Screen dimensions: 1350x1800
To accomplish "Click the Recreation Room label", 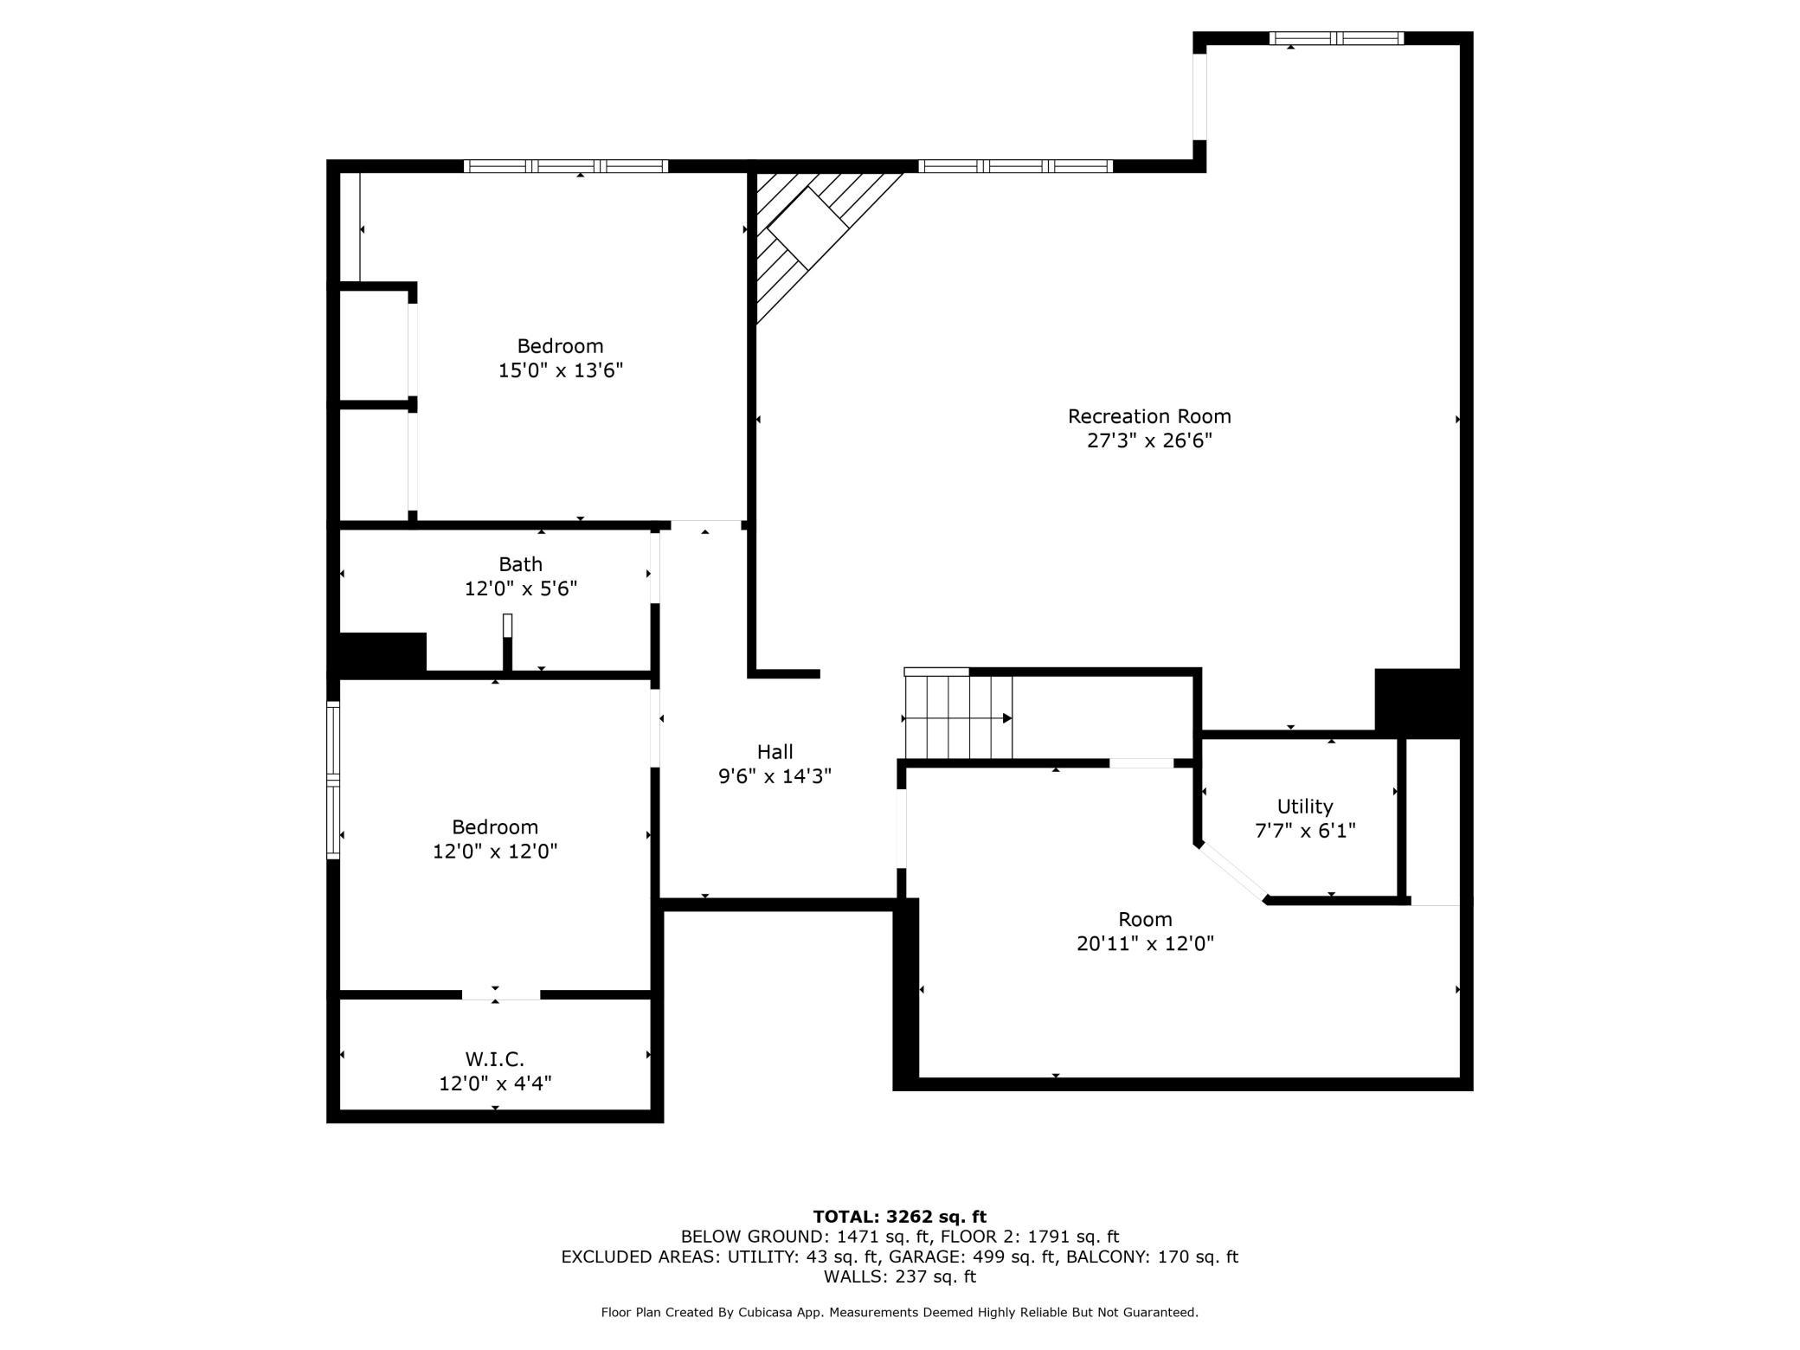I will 1148,416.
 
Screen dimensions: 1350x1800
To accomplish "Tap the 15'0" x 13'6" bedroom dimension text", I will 561,370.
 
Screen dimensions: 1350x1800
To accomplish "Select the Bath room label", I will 520,564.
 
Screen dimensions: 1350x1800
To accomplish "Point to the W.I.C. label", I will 494,1058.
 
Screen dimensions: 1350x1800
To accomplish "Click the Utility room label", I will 1304,807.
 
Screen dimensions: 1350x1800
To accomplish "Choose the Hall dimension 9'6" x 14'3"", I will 775,776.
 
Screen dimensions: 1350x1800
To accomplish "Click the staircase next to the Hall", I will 958,717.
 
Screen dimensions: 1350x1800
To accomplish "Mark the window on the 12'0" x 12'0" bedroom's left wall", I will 333,780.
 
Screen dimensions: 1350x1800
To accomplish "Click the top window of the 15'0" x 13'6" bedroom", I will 566,166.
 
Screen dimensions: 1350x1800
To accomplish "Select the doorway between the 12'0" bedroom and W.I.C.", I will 500,994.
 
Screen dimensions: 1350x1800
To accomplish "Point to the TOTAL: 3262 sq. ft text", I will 899,1217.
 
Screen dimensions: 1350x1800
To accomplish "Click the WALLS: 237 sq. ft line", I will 899,1276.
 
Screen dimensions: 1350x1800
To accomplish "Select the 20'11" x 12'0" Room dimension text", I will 1145,943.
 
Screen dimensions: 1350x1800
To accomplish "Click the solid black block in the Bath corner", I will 382,652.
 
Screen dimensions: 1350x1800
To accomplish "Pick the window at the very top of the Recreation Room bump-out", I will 1336,38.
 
